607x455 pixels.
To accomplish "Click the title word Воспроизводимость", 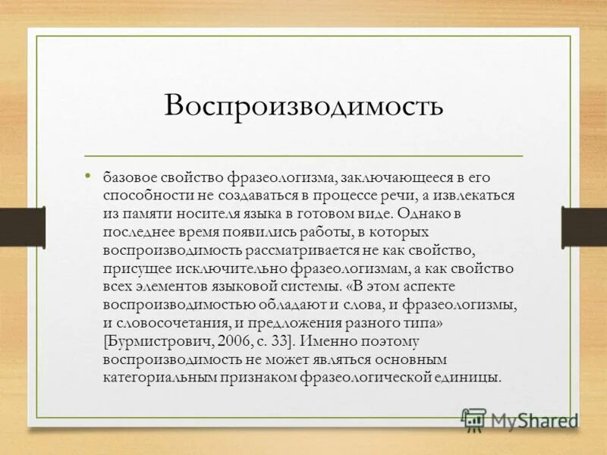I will [x=303, y=105].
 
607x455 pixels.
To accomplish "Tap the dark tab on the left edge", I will [x=21, y=227].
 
